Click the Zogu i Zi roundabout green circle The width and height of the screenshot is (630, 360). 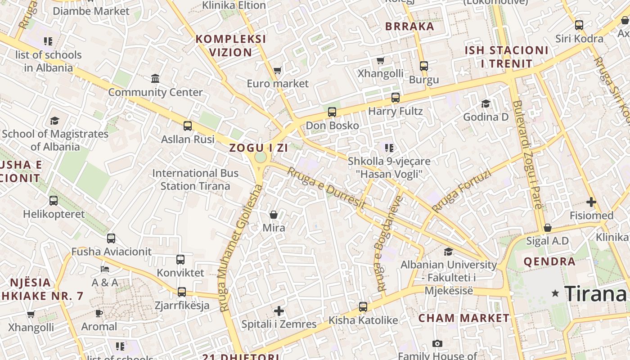pos(260,157)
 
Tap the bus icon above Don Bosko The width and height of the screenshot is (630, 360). pos(332,112)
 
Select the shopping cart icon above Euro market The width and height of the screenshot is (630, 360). pos(277,70)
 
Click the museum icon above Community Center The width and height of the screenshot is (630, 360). pos(155,79)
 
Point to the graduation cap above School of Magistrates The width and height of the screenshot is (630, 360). pos(54,121)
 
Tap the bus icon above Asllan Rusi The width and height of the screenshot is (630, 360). pos(188,126)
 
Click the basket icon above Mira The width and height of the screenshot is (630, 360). pos(274,215)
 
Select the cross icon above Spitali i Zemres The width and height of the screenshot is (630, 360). pos(279,311)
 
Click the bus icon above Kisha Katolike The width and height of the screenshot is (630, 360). pos(363,307)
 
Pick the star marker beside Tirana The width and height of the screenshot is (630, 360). pos(555,293)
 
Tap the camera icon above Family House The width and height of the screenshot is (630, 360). pos(437,344)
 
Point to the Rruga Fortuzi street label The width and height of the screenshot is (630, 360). pos(461,190)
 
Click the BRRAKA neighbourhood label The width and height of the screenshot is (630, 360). pos(409,26)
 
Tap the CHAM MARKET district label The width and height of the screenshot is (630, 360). pos(464,318)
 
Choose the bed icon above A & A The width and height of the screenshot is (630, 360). pos(104,269)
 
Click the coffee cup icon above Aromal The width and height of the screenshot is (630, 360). pos(99,313)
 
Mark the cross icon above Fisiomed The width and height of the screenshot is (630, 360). pos(591,202)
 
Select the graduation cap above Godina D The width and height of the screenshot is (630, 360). pos(486,104)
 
